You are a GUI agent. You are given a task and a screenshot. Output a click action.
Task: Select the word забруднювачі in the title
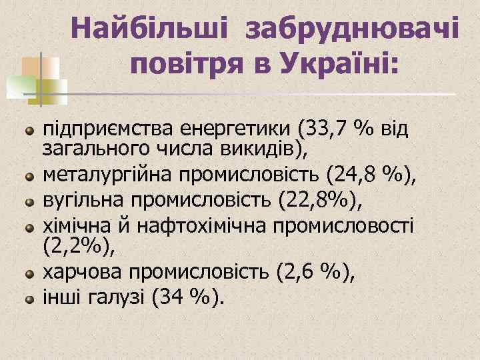(x=351, y=29)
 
